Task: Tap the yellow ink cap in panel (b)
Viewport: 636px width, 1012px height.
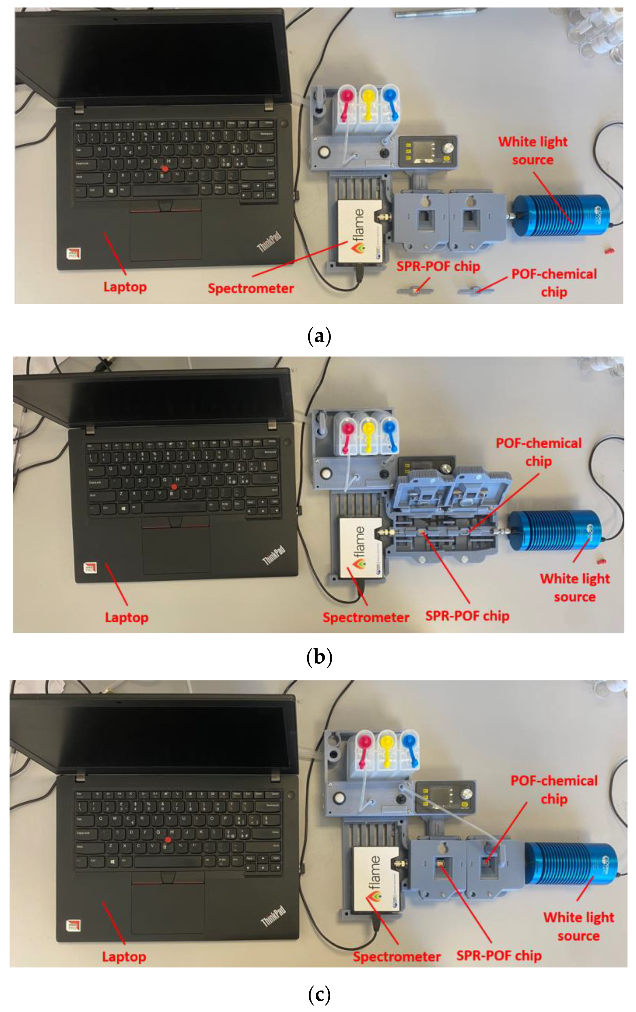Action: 369,429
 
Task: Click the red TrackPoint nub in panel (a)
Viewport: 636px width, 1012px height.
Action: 165,168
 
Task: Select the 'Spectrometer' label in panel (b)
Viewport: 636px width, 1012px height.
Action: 366,617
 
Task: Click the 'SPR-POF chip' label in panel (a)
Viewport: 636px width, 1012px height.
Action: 438,266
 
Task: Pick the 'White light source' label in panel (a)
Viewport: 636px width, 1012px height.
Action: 533,151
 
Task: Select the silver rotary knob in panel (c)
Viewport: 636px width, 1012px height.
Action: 466,794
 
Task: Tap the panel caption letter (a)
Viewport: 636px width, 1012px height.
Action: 319,336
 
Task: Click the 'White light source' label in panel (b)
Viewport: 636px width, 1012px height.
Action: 574,587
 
